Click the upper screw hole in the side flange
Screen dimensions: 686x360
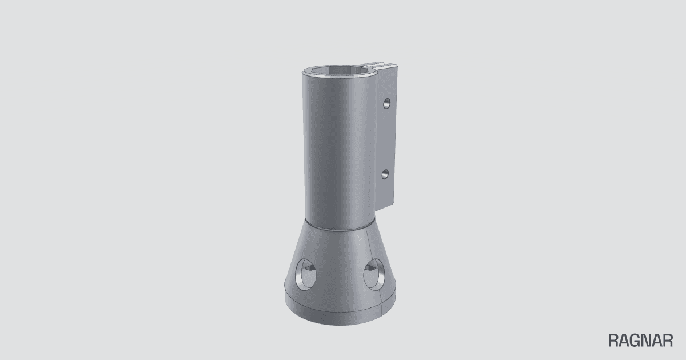click(387, 103)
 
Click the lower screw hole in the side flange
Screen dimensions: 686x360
click(385, 175)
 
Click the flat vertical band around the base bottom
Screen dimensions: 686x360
click(340, 310)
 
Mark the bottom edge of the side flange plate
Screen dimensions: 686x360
click(385, 207)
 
